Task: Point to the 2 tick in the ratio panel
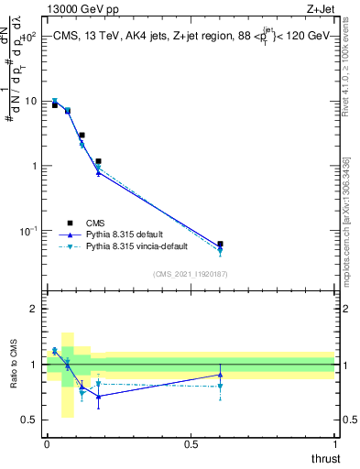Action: pyautogui.click(x=34, y=309)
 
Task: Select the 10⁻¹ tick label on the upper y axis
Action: pyautogui.click(x=27, y=230)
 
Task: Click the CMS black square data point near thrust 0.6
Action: pyautogui.click(x=220, y=245)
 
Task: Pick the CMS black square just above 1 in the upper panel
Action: pyautogui.click(x=98, y=161)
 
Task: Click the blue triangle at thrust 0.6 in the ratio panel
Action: pyautogui.click(x=220, y=375)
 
